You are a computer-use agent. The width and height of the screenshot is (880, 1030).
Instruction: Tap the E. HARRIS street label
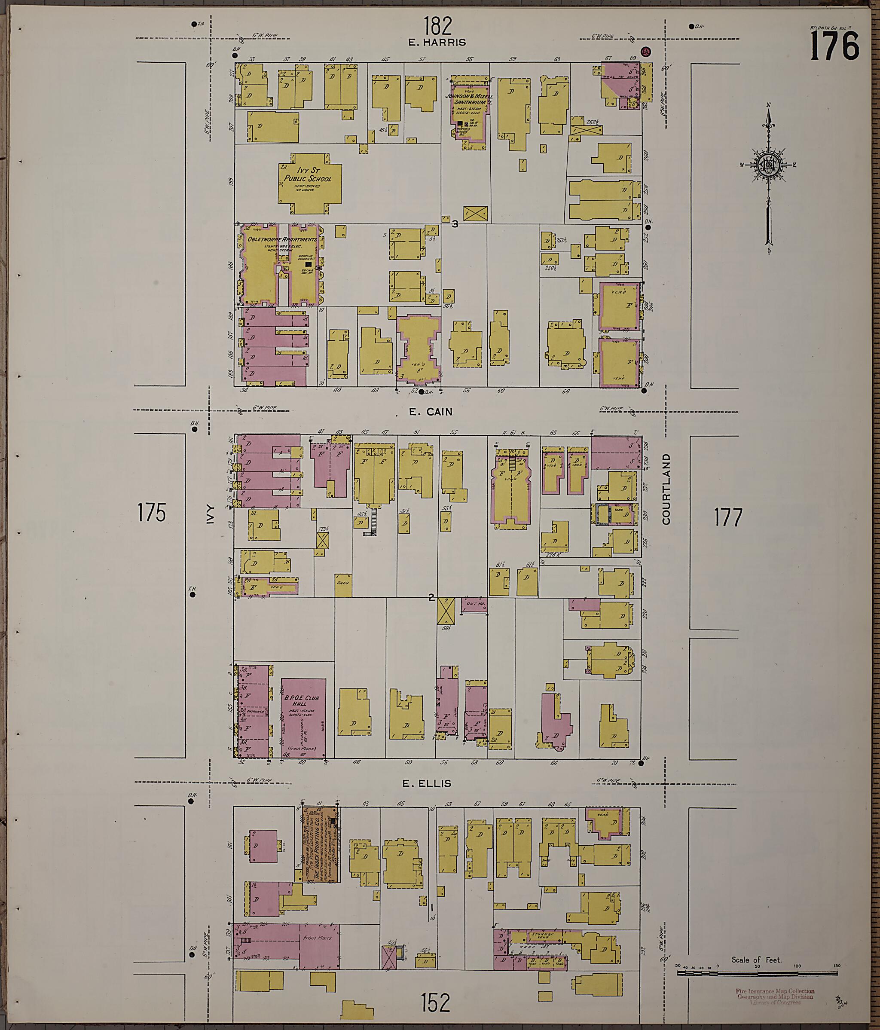(x=437, y=43)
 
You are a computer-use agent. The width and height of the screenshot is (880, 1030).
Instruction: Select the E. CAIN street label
(x=431, y=412)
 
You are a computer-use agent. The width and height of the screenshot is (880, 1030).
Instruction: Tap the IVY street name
(x=209, y=515)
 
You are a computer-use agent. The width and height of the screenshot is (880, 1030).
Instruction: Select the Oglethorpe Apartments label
(x=281, y=240)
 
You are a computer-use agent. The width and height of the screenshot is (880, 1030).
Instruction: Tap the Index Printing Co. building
(x=321, y=845)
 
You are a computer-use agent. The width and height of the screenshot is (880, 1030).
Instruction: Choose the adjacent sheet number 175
(x=152, y=513)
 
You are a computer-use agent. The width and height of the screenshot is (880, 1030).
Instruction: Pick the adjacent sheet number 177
(x=728, y=517)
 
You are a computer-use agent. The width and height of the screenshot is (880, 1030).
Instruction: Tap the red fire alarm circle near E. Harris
(x=646, y=52)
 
